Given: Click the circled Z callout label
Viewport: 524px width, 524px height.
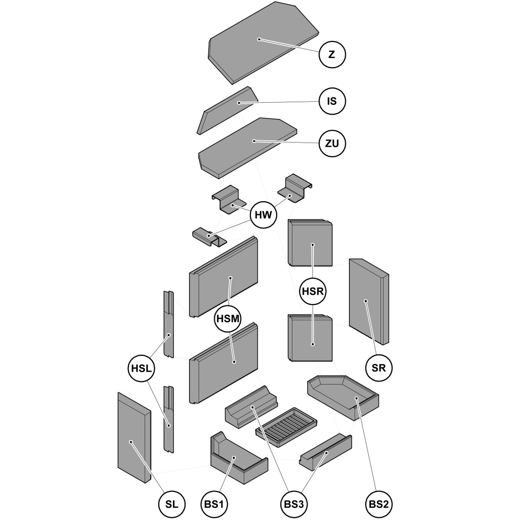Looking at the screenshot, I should pos(332,54).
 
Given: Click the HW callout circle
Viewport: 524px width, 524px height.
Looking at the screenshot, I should pos(264,215).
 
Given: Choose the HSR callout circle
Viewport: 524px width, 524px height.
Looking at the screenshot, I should pos(313,291).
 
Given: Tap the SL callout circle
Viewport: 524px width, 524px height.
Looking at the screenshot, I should pos(171,504).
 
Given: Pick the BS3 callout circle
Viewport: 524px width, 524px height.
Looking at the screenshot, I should pos(293,504).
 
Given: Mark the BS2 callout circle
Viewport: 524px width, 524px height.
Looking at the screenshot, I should pos(378,504).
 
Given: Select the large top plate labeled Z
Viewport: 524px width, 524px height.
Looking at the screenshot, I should pos(262,42).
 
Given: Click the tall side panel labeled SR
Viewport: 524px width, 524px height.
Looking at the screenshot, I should pos(368,301).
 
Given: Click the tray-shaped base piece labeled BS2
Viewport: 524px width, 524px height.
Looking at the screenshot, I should pos(343,396).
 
